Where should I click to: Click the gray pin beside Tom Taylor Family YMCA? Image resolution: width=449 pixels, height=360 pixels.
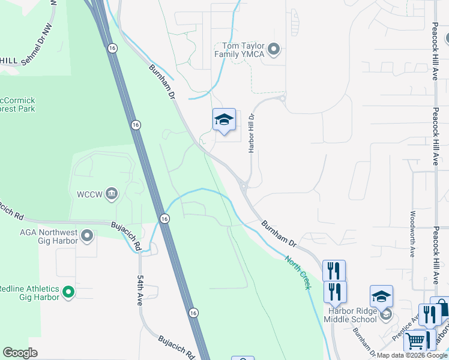pyautogui.click(x=274, y=49)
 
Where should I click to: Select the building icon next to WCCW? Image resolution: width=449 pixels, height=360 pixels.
pyautogui.click(x=112, y=193)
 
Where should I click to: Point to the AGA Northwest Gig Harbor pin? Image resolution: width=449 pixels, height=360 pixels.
pyautogui.click(x=88, y=236)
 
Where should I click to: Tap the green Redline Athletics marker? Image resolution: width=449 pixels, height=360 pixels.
pyautogui.click(x=68, y=293)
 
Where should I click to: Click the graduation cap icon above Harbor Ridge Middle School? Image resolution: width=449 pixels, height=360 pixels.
pyautogui.click(x=381, y=296)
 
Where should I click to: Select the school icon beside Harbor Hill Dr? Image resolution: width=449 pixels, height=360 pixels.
pyautogui.click(x=224, y=120)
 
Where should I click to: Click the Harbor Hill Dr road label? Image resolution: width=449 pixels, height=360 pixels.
pyautogui.click(x=252, y=133)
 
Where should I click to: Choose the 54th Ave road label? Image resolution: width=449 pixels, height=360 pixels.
pyautogui.click(x=140, y=291)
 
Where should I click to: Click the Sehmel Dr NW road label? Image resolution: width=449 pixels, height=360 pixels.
pyautogui.click(x=37, y=45)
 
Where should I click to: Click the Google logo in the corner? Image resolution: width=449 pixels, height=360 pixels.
pyautogui.click(x=20, y=353)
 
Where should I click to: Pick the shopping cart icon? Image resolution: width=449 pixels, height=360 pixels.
pyautogui.click(x=415, y=341)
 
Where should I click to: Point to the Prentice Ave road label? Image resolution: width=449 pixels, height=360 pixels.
pyautogui.click(x=406, y=327)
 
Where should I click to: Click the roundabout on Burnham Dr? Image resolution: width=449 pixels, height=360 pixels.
pyautogui.click(x=245, y=187)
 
